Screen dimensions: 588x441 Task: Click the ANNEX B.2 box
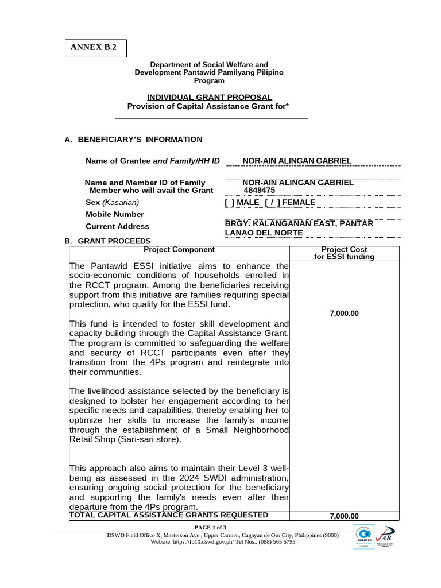(94, 48)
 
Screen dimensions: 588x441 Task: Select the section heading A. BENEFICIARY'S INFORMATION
(133, 140)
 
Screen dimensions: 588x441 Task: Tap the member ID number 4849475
(260, 191)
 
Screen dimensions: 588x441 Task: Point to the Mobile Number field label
(114, 215)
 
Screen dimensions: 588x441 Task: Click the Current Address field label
(117, 227)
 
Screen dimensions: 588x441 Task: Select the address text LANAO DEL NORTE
(263, 233)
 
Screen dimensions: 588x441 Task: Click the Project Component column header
(179, 250)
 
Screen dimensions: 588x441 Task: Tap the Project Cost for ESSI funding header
(344, 253)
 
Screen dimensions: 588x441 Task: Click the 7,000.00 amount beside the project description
(344, 314)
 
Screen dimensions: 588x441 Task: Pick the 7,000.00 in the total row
(344, 516)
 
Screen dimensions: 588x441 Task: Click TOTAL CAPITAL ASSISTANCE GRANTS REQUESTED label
(169, 515)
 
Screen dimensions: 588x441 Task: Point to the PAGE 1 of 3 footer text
(210, 527)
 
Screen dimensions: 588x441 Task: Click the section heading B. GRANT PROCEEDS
(108, 241)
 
